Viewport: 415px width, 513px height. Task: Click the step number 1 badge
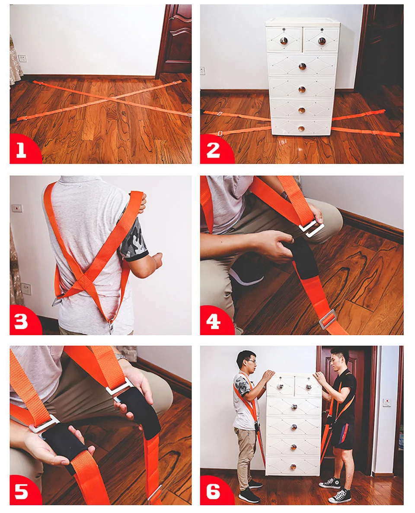23,149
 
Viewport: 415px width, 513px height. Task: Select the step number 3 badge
23,321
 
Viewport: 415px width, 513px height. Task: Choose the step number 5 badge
23,491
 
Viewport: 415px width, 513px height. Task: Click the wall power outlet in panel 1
22,58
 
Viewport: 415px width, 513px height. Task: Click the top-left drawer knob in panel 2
284,41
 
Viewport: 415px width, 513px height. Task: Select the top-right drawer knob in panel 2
322,41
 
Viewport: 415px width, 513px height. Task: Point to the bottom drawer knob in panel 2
301,129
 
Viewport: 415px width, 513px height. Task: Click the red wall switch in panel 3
17,208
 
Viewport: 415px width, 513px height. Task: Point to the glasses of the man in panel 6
251,361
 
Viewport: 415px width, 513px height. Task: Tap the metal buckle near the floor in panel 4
328,319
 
